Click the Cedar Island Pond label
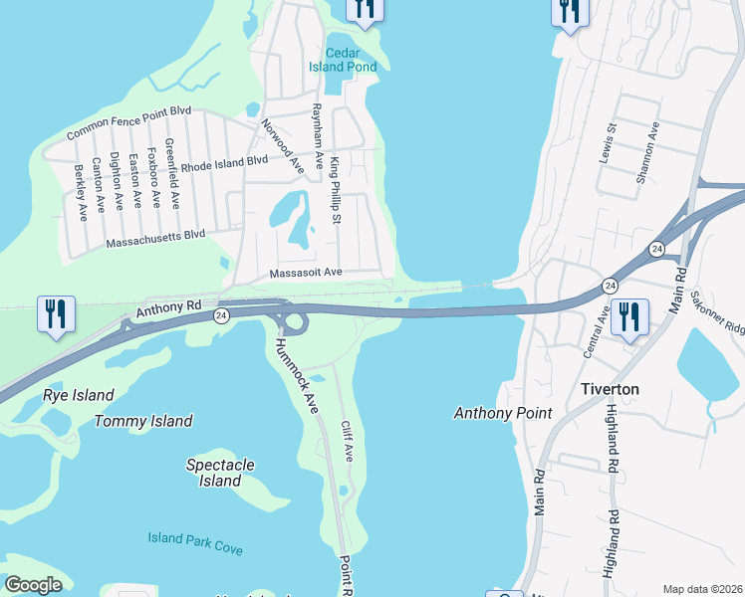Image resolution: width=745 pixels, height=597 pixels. [x=351, y=60]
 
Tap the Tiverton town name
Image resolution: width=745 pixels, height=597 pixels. [x=610, y=389]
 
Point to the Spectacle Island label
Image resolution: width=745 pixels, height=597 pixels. [x=221, y=473]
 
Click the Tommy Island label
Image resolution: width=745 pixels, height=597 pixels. [x=143, y=421]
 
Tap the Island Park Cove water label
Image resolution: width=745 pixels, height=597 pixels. [x=195, y=543]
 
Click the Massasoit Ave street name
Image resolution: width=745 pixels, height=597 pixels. [x=306, y=272]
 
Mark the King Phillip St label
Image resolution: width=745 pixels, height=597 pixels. [x=337, y=190]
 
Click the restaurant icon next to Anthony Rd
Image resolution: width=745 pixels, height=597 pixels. [x=55, y=313]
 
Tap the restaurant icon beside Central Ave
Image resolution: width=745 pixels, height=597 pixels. [x=628, y=317]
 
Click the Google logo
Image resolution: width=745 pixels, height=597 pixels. [x=33, y=585]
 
